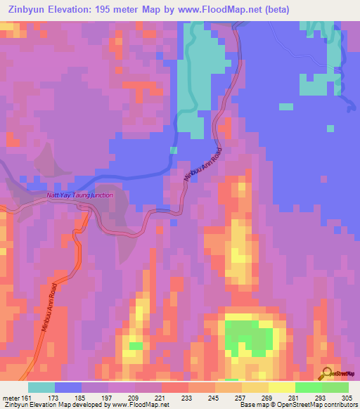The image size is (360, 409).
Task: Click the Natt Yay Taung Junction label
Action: coord(79,195)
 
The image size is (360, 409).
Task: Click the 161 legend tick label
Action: coord(25,397)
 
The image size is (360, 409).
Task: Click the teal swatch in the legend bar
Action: coord(41,387)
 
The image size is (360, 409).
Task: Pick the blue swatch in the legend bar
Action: coord(68,387)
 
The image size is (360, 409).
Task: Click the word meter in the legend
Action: coord(9,397)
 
